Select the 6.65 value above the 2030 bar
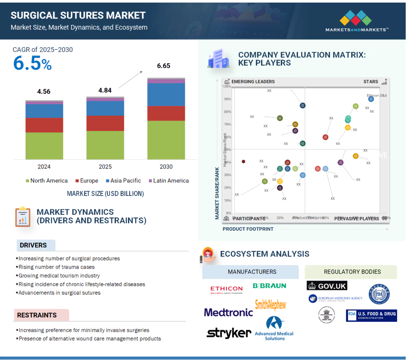(164, 66)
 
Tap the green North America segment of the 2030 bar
(166, 140)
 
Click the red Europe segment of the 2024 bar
(44, 125)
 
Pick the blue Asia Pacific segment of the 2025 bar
(105, 108)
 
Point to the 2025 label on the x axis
(105, 167)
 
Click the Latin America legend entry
(168, 181)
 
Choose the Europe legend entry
(86, 181)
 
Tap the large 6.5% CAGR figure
(32, 64)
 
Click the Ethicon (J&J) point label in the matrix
(377, 95)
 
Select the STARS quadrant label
(371, 82)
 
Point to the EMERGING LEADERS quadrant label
(253, 82)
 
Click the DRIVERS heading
(33, 245)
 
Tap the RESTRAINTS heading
(37, 315)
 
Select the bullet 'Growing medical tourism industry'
(59, 276)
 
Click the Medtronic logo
(228, 312)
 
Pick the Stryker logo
(229, 333)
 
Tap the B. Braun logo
(269, 286)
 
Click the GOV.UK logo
(327, 286)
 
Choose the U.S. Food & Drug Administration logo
(371, 316)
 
